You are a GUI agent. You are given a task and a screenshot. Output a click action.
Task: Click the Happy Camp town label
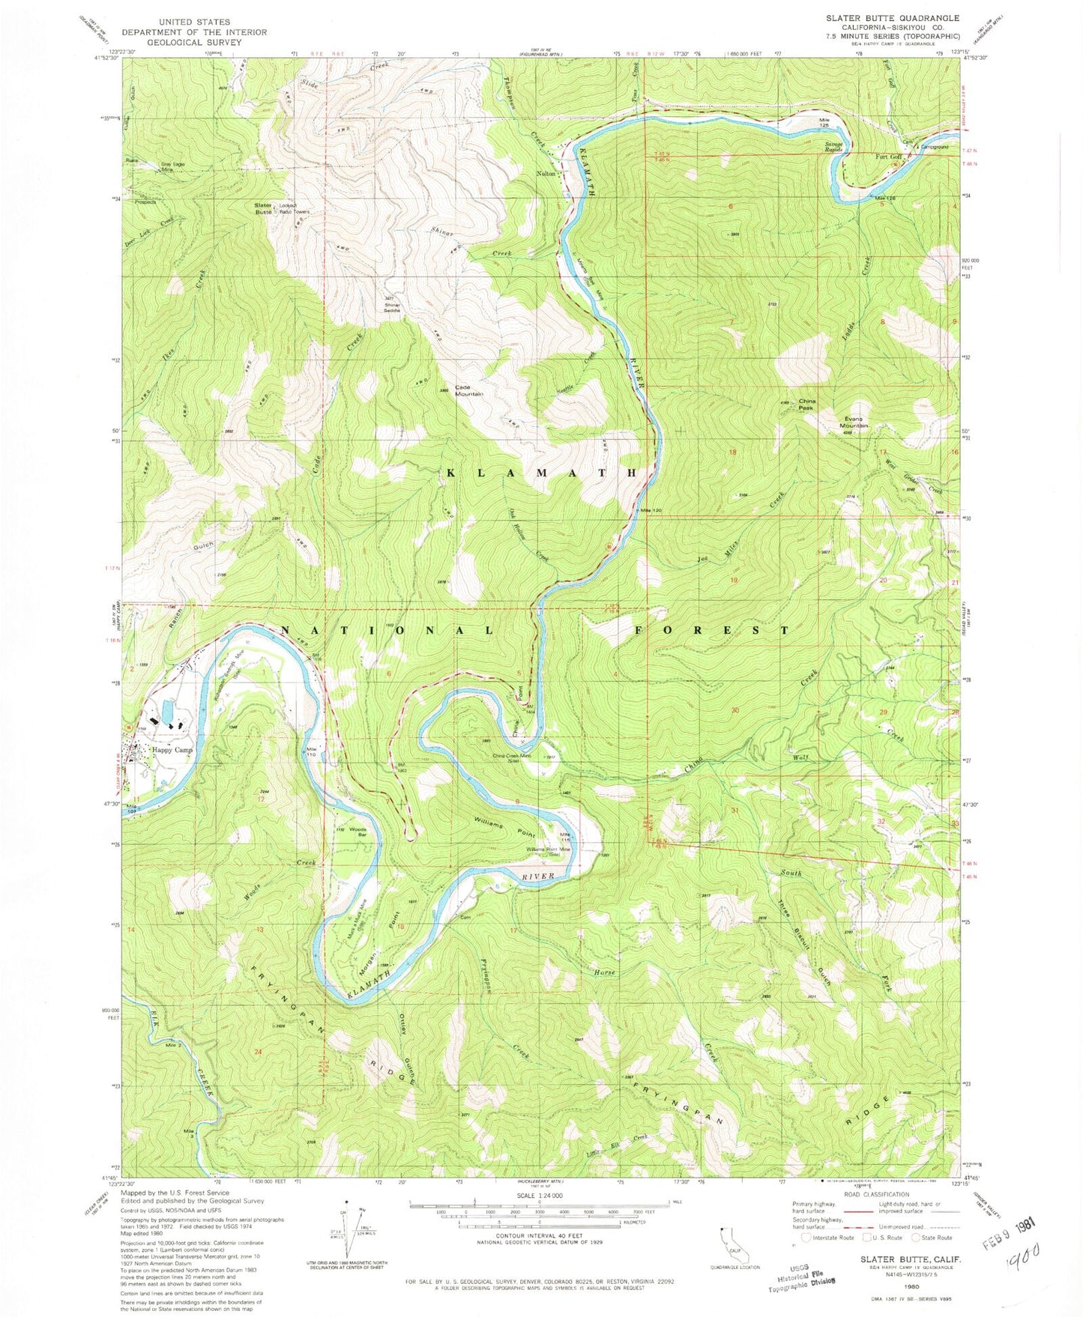172,750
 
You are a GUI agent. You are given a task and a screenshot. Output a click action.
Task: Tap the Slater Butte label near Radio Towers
263,208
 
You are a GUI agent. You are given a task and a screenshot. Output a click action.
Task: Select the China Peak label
806,404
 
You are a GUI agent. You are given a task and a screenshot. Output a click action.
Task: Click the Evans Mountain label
854,422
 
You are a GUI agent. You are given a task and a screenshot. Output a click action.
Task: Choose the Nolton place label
546,173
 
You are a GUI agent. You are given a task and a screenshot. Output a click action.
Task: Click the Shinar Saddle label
392,307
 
